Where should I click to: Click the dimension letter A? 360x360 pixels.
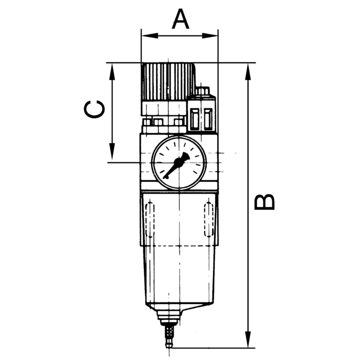pos(180,19)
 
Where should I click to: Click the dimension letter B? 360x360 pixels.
pos(264,202)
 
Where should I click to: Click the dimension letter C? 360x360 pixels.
pos(94,109)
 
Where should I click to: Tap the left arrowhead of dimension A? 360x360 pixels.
pos(150,36)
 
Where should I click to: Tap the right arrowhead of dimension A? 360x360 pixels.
pos(210,36)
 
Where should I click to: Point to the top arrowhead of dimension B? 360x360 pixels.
pos(248,72)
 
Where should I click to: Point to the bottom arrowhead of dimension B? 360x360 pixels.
pos(248,339)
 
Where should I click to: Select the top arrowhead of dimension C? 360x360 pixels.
pos(112,72)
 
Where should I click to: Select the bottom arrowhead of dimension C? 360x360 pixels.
pos(112,151)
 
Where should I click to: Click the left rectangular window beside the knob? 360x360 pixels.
pos(195,119)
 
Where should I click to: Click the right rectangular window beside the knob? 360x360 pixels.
pos(208,119)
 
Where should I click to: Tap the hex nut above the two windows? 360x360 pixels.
pos(202,91)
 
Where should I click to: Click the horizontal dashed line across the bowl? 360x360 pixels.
pos(179,246)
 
